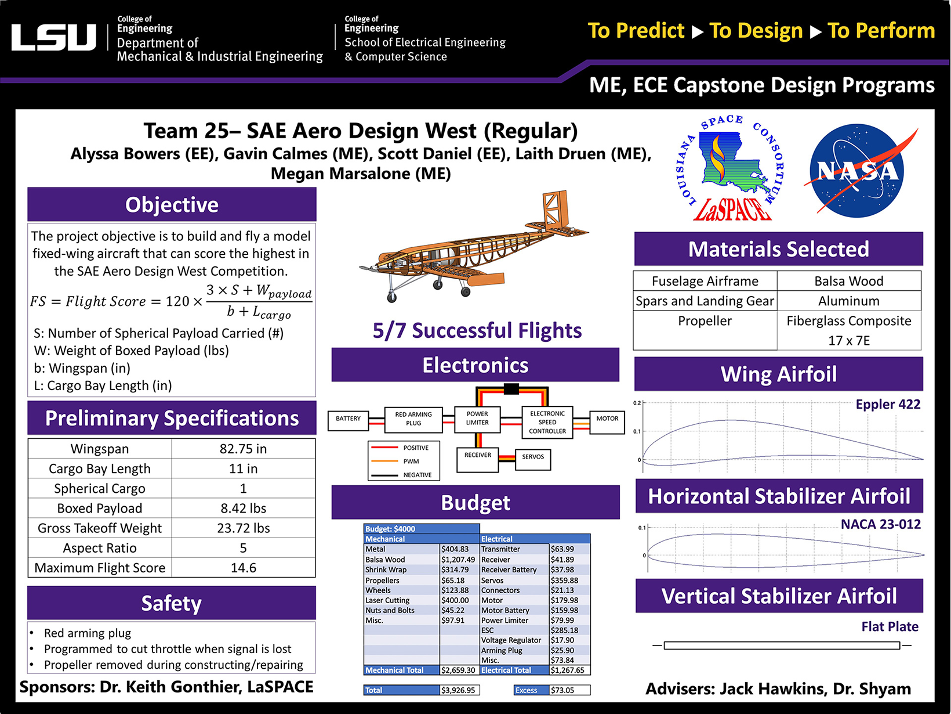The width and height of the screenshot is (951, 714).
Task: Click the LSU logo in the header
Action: click(53, 38)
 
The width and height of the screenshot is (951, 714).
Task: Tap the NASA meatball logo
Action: click(857, 171)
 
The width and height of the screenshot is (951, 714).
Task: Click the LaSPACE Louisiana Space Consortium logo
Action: click(732, 168)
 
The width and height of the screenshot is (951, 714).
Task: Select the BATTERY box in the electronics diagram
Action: click(348, 419)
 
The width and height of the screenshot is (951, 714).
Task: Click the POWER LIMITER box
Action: click(477, 419)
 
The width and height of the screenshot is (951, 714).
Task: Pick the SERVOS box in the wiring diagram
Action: click(532, 457)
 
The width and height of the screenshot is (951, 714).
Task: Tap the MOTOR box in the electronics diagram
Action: click(607, 419)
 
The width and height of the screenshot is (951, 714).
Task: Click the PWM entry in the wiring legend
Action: click(411, 461)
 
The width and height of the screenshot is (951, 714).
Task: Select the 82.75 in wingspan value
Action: click(243, 449)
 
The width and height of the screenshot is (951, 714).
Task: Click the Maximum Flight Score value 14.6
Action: click(243, 568)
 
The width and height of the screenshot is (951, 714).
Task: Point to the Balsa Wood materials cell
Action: click(848, 281)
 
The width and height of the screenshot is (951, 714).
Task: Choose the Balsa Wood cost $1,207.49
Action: click(458, 560)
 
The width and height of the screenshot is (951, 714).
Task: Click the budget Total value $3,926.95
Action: click(458, 690)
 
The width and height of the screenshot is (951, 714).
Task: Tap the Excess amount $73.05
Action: click(562, 690)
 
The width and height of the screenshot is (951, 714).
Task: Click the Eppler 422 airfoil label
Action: click(887, 405)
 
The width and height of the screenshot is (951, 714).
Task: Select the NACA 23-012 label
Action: click(880, 524)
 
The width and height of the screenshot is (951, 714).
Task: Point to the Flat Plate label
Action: click(890, 627)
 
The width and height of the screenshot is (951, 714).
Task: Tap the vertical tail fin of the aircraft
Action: click(553, 209)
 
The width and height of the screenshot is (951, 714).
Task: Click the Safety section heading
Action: click(172, 603)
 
